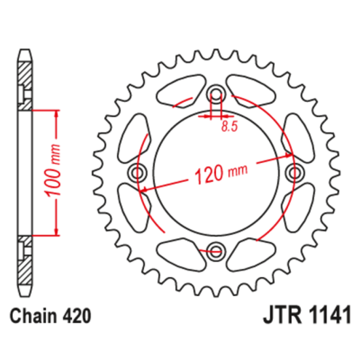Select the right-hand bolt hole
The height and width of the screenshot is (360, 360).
click(295, 172)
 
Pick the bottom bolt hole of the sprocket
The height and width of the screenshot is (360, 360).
click(216, 252)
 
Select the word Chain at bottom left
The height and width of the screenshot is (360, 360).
click(30, 317)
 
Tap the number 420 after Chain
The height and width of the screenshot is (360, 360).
click(75, 317)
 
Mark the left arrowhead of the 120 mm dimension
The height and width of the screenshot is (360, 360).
click(143, 190)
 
